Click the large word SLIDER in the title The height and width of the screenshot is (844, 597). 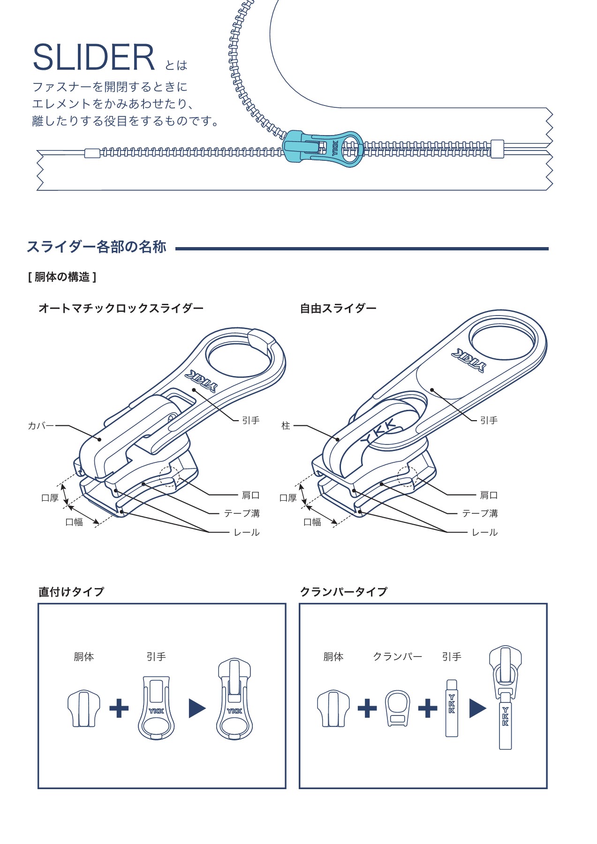pos(93,58)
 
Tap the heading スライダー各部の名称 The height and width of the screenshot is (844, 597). pos(97,247)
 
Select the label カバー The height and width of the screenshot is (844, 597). pos(40,426)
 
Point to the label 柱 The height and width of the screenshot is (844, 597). pos(286,426)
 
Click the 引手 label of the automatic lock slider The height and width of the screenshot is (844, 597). pos(251,421)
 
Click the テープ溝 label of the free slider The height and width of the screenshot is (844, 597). pos(480,513)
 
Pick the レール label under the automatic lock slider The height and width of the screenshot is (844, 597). pos(247,533)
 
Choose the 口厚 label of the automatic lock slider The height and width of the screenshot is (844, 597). pos(50,498)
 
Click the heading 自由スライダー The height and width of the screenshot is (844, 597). pos(338,309)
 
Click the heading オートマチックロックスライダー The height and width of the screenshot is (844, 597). pos(121,309)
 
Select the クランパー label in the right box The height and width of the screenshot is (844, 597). pos(397,656)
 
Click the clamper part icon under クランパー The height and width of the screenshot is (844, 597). pos(397,708)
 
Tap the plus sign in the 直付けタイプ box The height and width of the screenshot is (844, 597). pos(119,708)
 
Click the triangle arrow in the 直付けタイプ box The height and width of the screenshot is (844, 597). pos(196,708)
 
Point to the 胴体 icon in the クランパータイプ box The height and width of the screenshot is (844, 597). pos(333,708)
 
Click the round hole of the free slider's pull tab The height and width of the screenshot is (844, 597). pos(503,341)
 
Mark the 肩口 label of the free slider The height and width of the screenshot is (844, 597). pos(488,495)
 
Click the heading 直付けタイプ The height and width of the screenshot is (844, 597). pos(71,592)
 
